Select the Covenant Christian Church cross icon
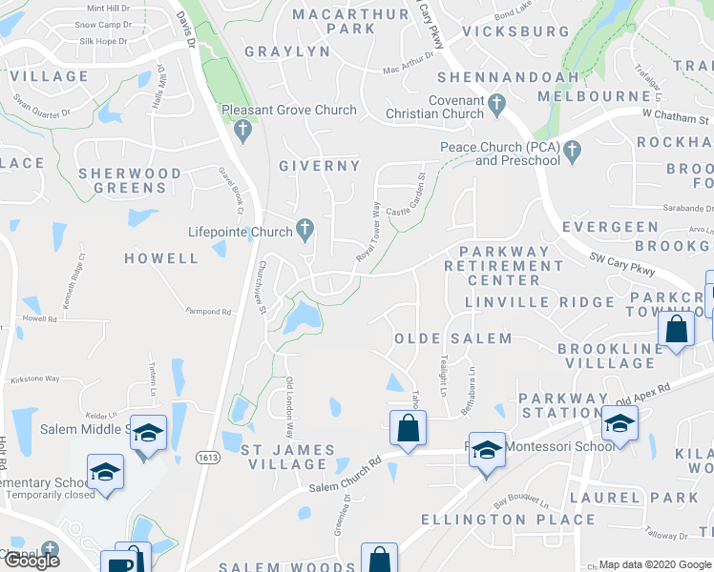pyautogui.click(x=496, y=102)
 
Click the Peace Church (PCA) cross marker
pyautogui.click(x=572, y=150)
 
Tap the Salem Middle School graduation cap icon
pyautogui.click(x=148, y=432)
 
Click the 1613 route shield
pyautogui.click(x=206, y=458)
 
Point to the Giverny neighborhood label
pyautogui.click(x=320, y=166)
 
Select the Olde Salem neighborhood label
pyautogui.click(x=453, y=338)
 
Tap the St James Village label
pyautogui.click(x=286, y=457)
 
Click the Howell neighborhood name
pyautogui.click(x=161, y=258)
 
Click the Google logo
pyautogui.click(x=31, y=561)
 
